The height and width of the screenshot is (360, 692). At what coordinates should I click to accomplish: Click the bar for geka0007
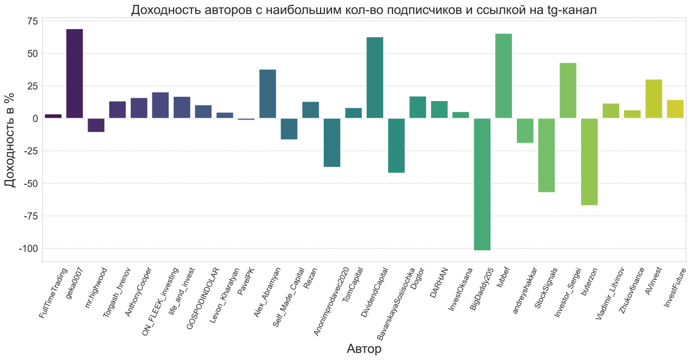click(74, 74)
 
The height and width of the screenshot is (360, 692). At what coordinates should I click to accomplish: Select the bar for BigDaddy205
click(482, 184)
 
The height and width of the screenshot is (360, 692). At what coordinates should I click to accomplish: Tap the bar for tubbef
click(503, 76)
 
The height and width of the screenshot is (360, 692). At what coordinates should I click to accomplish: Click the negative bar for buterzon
click(589, 162)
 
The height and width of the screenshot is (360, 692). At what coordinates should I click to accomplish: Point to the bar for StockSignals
click(546, 155)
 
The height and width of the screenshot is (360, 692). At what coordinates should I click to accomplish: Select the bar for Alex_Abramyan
click(268, 94)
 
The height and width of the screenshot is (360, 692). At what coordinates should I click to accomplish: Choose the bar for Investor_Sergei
click(568, 91)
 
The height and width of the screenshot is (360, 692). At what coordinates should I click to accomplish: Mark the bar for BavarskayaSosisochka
click(396, 145)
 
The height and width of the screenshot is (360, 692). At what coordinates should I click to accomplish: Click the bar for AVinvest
click(654, 99)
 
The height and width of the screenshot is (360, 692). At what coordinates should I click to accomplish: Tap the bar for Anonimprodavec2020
click(332, 143)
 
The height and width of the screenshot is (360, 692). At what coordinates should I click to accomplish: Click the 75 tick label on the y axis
click(32, 21)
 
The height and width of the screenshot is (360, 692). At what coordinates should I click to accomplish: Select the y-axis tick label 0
click(35, 118)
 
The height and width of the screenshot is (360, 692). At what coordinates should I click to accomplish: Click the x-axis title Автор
click(364, 349)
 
